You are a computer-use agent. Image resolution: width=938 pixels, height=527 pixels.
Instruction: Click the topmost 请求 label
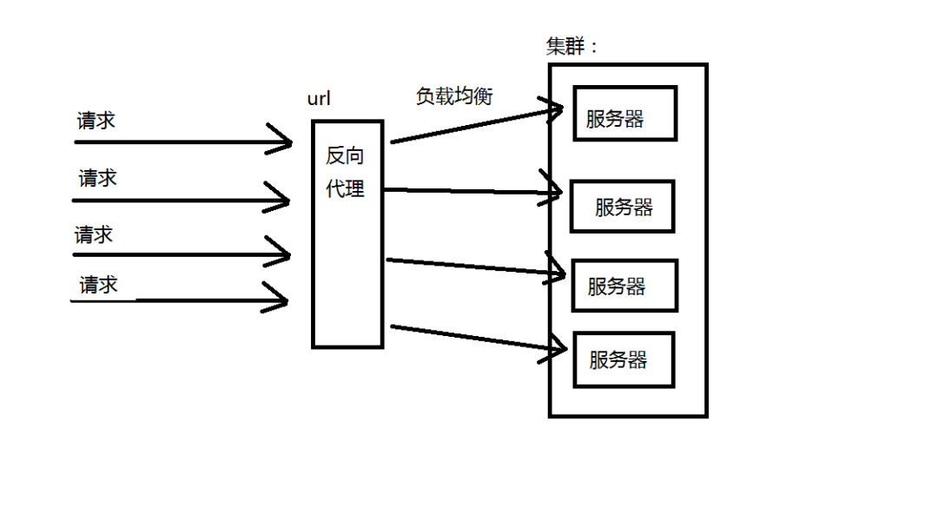pyautogui.click(x=96, y=121)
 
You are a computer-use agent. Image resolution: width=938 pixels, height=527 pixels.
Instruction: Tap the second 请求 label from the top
pyautogui.click(x=97, y=179)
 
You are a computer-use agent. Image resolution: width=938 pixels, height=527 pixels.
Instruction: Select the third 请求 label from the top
pyautogui.click(x=94, y=235)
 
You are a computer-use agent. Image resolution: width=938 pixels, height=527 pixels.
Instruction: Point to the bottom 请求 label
pyautogui.click(x=98, y=285)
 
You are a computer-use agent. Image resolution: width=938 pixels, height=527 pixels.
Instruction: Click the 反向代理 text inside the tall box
pyautogui.click(x=345, y=172)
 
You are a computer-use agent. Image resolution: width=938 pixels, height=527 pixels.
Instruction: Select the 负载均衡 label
pyautogui.click(x=454, y=96)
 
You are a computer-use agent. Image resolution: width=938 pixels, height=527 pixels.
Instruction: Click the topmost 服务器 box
pyautogui.click(x=624, y=113)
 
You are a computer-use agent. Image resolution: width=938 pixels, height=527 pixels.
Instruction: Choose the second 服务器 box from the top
pyautogui.click(x=622, y=207)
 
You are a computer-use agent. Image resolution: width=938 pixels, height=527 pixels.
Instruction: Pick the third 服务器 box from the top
pyautogui.click(x=624, y=286)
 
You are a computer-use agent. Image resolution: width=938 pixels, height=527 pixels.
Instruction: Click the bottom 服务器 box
pyautogui.click(x=624, y=359)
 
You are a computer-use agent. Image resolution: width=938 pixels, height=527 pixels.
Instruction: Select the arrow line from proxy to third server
pyautogui.click(x=469, y=266)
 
